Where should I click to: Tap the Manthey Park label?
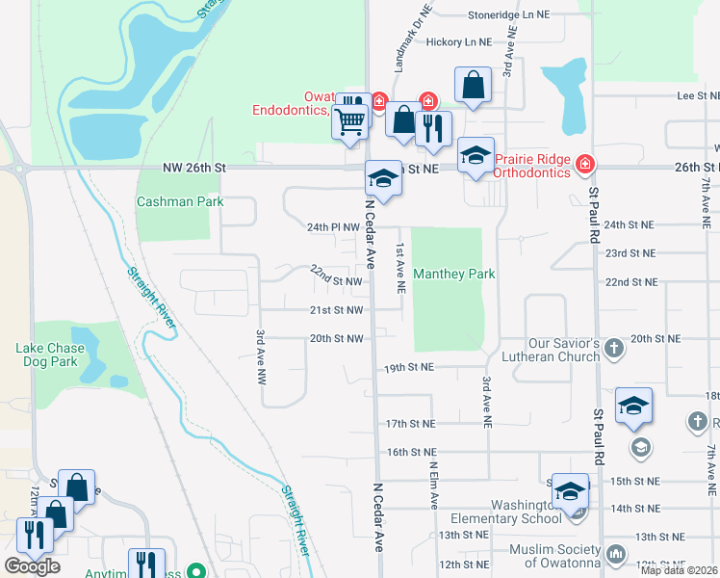pos(454,275)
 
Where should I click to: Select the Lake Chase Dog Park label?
pos(46,355)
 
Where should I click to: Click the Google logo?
pos(33,566)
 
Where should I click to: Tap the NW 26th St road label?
pos(194,168)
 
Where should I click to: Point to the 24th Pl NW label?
pos(333,227)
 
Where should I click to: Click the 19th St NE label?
pos(409,367)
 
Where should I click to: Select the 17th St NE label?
pos(410,424)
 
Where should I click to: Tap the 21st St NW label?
pos(336,310)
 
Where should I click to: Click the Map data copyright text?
pos(680,570)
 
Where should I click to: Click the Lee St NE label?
pos(699,96)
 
